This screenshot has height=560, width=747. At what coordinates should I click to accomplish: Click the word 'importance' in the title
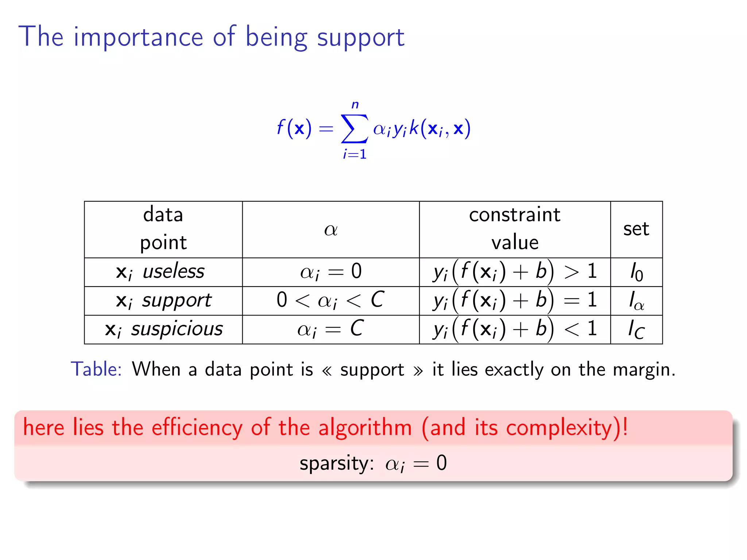(x=138, y=37)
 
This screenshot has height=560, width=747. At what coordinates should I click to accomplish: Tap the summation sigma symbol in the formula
(x=354, y=129)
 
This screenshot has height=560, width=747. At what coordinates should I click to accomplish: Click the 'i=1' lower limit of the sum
(x=355, y=154)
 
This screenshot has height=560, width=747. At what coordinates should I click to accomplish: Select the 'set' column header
(x=636, y=229)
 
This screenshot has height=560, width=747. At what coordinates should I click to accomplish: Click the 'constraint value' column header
(x=514, y=229)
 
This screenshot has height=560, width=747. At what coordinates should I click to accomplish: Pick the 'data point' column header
(x=163, y=229)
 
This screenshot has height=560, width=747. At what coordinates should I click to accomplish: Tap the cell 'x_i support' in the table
(x=163, y=301)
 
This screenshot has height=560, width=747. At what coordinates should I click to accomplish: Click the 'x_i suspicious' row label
(x=164, y=330)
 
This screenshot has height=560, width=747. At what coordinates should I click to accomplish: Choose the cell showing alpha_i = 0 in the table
(x=330, y=272)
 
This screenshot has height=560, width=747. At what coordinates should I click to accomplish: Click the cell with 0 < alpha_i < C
(x=330, y=300)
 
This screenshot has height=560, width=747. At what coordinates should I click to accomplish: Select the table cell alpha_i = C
(x=330, y=329)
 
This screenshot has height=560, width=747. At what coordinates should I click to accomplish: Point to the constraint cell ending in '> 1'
(x=515, y=272)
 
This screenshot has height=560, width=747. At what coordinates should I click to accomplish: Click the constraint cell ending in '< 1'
(x=515, y=329)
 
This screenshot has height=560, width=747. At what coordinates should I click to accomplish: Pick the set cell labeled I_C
(x=636, y=330)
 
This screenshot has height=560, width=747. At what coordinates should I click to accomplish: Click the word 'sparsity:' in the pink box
(x=336, y=463)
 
